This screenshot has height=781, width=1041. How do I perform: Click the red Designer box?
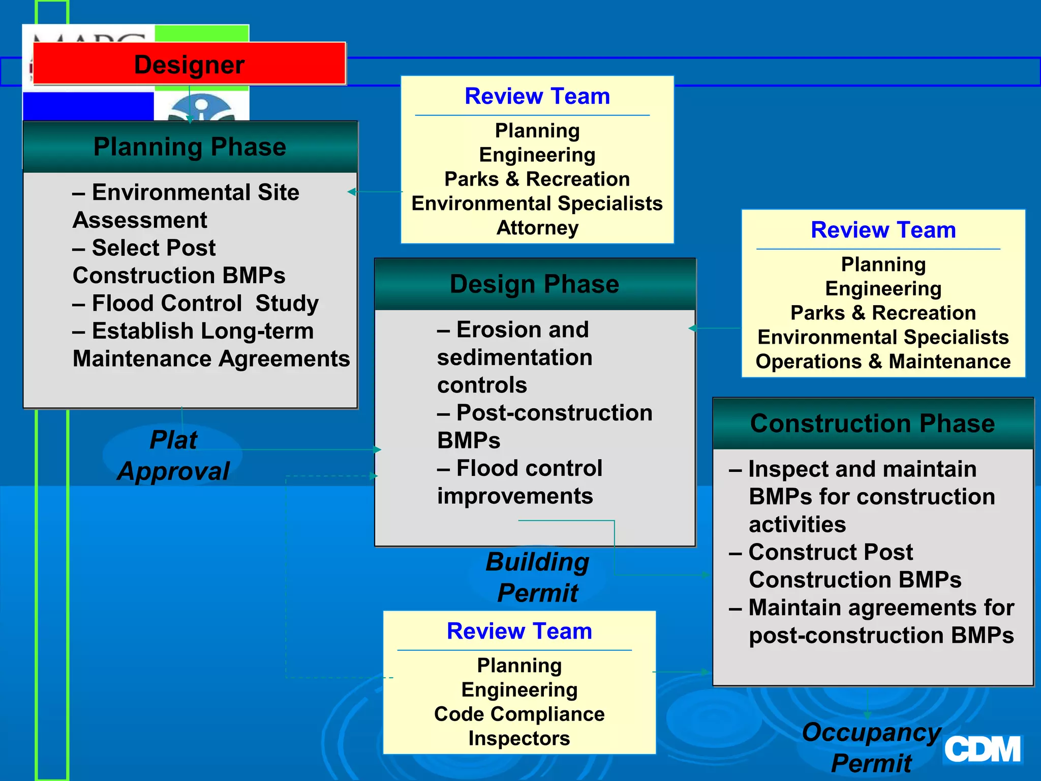pyautogui.click(x=189, y=64)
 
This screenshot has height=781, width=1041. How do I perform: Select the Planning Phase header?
pyautogui.click(x=190, y=147)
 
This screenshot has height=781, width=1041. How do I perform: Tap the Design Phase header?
pyautogui.click(x=535, y=284)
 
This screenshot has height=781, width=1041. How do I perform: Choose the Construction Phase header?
pyautogui.click(x=872, y=423)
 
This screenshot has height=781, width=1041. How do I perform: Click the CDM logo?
pyautogui.click(x=982, y=749)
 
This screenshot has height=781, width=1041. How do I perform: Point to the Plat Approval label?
pyautogui.click(x=173, y=455)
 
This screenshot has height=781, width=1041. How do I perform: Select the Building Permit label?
pyautogui.click(x=537, y=577)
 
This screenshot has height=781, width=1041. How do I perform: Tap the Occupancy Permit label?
pyautogui.click(x=871, y=747)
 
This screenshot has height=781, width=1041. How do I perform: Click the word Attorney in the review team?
pyautogui.click(x=537, y=228)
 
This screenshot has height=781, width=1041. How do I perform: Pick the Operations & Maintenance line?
pyautogui.click(x=883, y=362)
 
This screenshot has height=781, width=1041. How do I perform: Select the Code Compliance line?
pyautogui.click(x=519, y=714)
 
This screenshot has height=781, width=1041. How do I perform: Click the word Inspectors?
pyautogui.click(x=519, y=738)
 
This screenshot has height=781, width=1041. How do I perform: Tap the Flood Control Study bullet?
pyautogui.click(x=196, y=303)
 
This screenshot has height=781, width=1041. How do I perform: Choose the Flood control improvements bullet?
pyautogui.click(x=519, y=482)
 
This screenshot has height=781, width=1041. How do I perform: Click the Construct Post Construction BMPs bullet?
pyautogui.click(x=845, y=565)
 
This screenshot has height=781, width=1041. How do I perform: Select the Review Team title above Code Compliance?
pyautogui.click(x=519, y=631)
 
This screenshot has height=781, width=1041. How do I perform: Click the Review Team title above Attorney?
pyautogui.click(x=537, y=96)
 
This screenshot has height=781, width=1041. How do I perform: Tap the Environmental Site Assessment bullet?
pyautogui.click(x=186, y=206)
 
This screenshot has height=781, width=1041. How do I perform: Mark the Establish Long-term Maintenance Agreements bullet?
pyautogui.click(x=211, y=345)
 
